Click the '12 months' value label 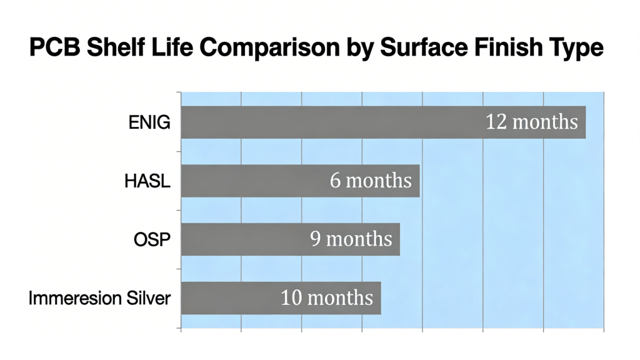532,121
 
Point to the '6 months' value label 371,181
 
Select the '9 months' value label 351,239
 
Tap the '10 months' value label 327,298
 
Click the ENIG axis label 149,122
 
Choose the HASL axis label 147,181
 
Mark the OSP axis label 152,239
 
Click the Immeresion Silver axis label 99,298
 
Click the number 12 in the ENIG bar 496,121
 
